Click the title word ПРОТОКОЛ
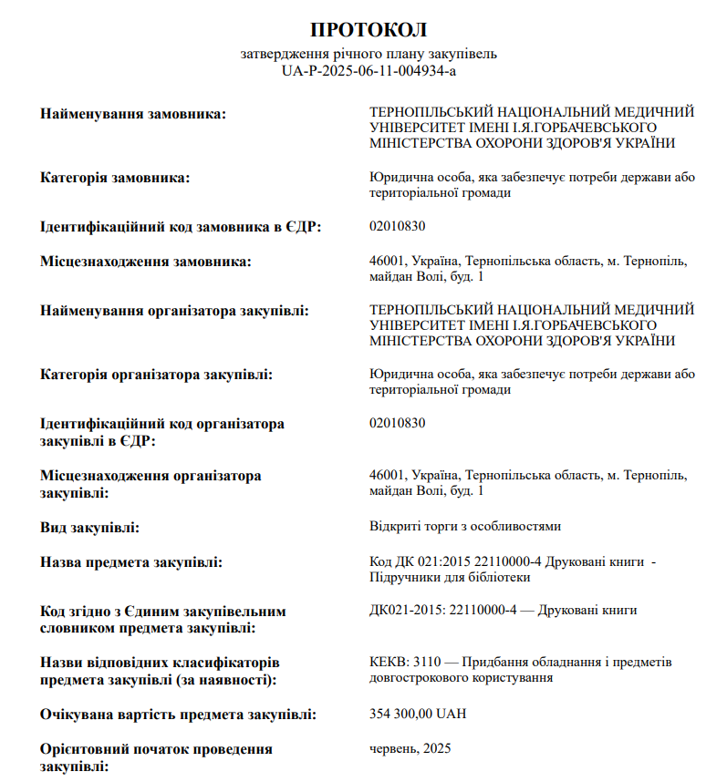point(369,30)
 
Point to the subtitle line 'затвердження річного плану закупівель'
point(369,54)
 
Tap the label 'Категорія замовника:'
point(115,177)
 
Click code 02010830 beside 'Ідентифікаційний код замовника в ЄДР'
point(398,226)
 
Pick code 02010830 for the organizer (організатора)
point(398,423)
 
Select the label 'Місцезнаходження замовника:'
point(146,262)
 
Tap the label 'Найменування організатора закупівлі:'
point(174,311)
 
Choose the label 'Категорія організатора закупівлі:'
point(157,375)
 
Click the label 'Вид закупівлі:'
point(89,527)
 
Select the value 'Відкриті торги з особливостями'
point(464,527)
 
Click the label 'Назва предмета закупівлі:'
point(131,562)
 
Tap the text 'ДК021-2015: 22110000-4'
point(443,610)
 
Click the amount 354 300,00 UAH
point(418,714)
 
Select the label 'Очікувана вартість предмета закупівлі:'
point(179,714)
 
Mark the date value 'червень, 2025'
point(410,748)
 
